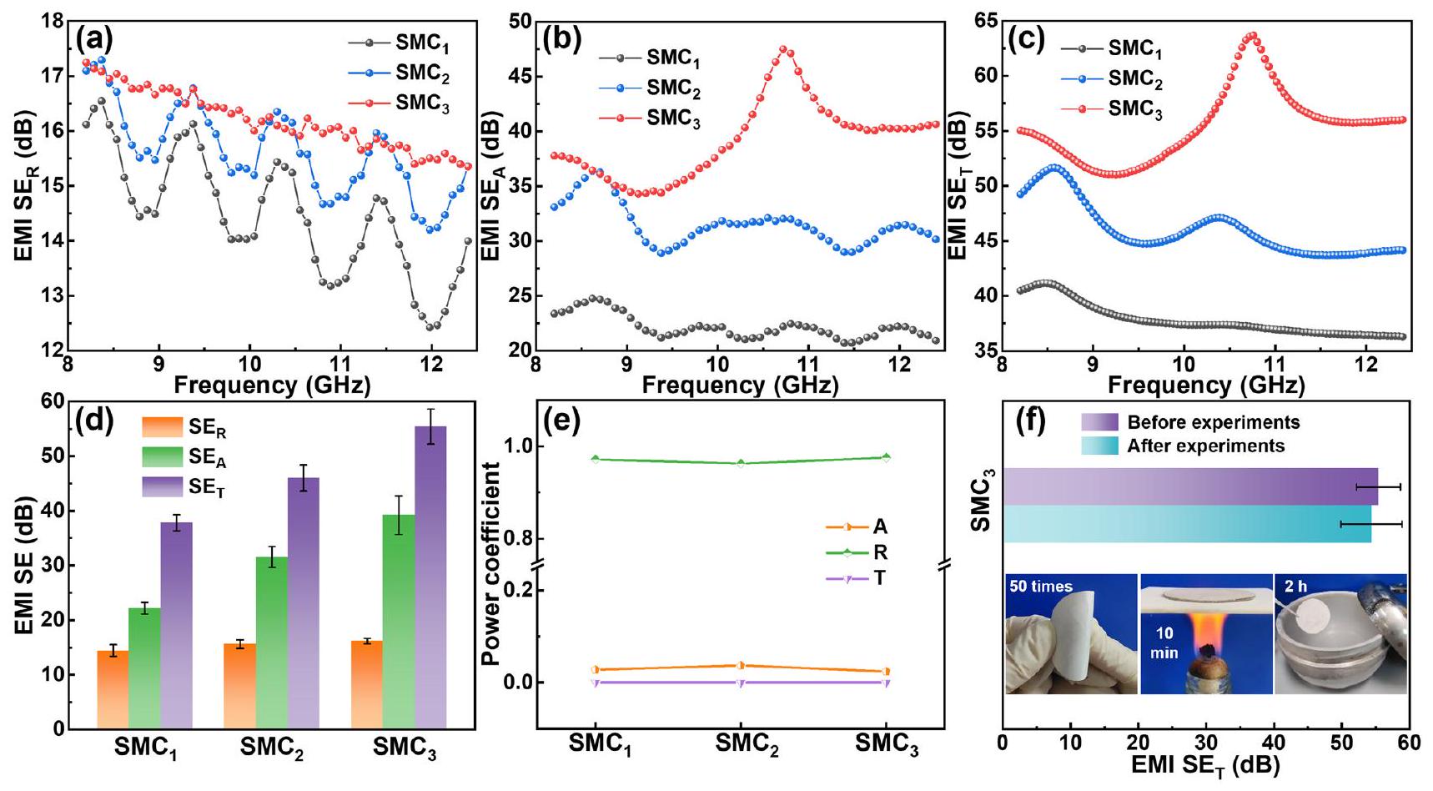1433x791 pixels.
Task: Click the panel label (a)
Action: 93,38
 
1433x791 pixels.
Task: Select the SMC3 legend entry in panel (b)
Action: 673,118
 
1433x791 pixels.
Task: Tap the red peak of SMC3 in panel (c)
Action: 1252,36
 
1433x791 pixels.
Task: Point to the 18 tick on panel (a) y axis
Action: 52,21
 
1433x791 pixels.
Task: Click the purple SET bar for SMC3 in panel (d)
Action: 430,576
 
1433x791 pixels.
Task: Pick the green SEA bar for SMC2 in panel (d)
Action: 272,642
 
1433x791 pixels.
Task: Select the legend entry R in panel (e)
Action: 880,552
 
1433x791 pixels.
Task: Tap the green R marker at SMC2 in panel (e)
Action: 741,463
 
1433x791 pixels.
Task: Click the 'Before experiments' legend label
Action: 1213,422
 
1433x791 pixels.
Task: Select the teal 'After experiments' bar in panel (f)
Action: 1186,524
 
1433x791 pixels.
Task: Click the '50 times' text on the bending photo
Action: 1040,587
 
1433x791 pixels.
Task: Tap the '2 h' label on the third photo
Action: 1295,587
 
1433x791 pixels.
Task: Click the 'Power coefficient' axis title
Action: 491,567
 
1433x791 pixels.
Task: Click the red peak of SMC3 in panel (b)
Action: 785,50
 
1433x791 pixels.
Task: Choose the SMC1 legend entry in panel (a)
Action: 422,43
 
